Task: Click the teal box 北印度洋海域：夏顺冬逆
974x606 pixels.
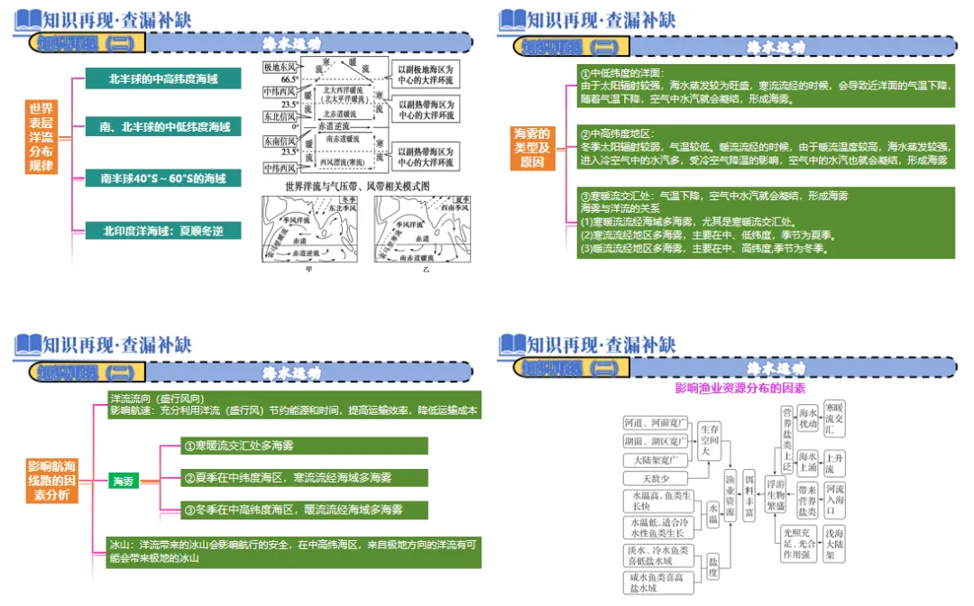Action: [x=163, y=231]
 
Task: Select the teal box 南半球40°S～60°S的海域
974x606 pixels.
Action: [x=163, y=179]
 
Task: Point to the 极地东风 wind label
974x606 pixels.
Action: [x=279, y=68]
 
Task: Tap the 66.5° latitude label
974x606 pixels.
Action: [x=289, y=79]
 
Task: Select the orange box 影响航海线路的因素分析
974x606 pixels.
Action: [x=52, y=481]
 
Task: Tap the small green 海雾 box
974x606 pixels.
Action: [x=123, y=482]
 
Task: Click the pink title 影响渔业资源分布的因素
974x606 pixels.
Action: [x=740, y=389]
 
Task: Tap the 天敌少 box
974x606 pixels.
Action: [x=656, y=478]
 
